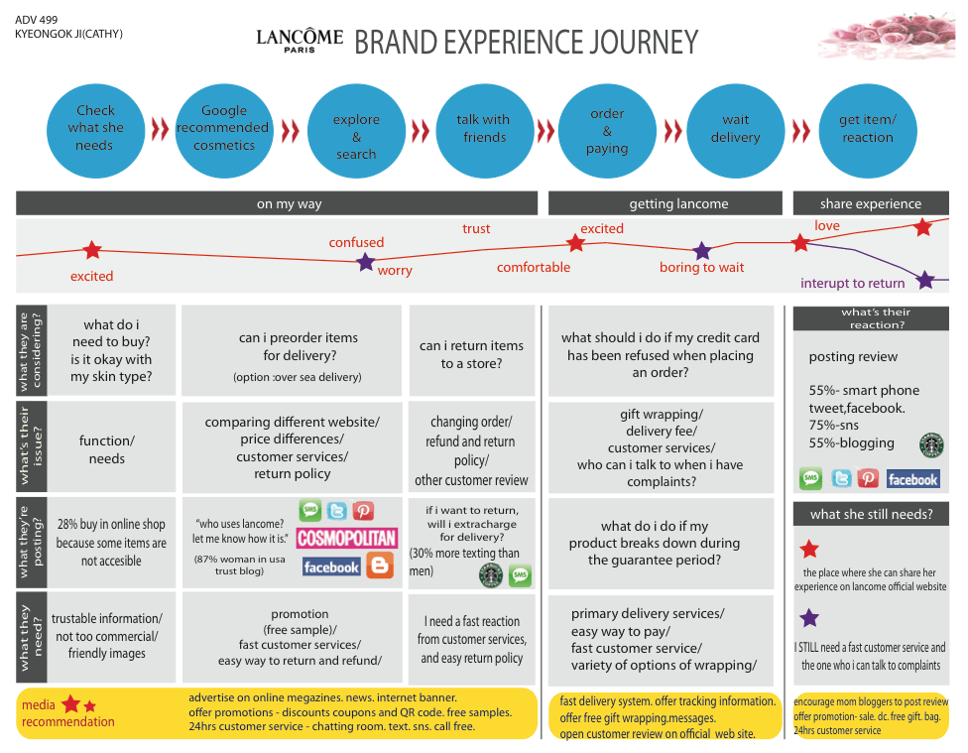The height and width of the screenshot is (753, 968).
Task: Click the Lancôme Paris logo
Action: (x=300, y=41)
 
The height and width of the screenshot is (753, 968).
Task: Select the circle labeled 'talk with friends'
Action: (x=484, y=131)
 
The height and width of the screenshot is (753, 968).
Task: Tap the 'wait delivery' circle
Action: (x=735, y=131)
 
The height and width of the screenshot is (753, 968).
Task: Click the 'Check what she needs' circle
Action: (x=95, y=131)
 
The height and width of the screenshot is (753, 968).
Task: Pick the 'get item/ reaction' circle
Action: (x=868, y=131)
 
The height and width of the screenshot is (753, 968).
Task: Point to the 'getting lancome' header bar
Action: (x=665, y=203)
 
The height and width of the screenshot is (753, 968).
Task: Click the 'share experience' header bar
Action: (x=871, y=203)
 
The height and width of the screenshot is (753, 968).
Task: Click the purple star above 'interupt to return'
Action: (x=924, y=281)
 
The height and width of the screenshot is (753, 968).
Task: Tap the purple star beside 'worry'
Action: (x=366, y=262)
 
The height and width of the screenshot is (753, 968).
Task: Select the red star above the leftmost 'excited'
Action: (x=92, y=250)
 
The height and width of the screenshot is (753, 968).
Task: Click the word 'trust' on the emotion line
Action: (x=476, y=228)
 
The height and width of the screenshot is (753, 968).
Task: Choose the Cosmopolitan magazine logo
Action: (x=347, y=538)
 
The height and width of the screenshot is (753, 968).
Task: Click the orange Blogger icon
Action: (x=380, y=565)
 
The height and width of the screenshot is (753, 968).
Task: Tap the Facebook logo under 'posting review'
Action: (x=913, y=479)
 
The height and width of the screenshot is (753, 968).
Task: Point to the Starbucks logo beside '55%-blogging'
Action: (x=931, y=444)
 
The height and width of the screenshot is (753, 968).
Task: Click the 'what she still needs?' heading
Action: (x=871, y=514)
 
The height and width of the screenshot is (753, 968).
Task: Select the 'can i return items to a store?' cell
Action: (x=472, y=350)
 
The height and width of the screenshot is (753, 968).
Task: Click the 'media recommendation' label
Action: (x=67, y=713)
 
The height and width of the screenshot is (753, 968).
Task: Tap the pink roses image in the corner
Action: (x=887, y=39)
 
